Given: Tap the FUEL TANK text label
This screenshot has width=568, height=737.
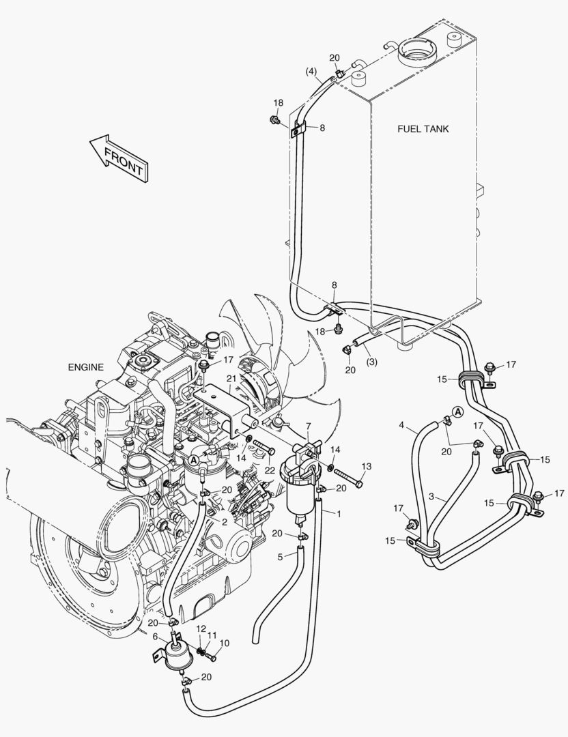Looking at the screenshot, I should (423, 129).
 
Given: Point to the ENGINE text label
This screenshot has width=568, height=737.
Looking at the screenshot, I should (85, 367).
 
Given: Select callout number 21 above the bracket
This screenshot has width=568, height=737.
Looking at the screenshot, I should (231, 378).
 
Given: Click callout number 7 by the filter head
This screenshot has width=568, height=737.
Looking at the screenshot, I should (308, 426).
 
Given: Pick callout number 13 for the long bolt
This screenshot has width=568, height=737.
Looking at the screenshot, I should (366, 466).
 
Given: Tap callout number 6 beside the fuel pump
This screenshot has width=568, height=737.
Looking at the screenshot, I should (154, 636).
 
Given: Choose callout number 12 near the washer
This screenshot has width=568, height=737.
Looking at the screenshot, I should (201, 628).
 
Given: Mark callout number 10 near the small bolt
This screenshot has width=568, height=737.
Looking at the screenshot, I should (225, 643).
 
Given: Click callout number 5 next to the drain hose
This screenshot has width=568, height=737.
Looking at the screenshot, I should (279, 557).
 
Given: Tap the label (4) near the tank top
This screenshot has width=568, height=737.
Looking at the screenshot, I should (311, 71).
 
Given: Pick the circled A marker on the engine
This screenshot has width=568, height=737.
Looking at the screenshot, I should (194, 460).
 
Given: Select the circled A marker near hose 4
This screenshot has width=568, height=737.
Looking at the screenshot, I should (458, 411).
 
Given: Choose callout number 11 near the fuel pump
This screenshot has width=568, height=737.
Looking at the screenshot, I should (212, 636).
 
